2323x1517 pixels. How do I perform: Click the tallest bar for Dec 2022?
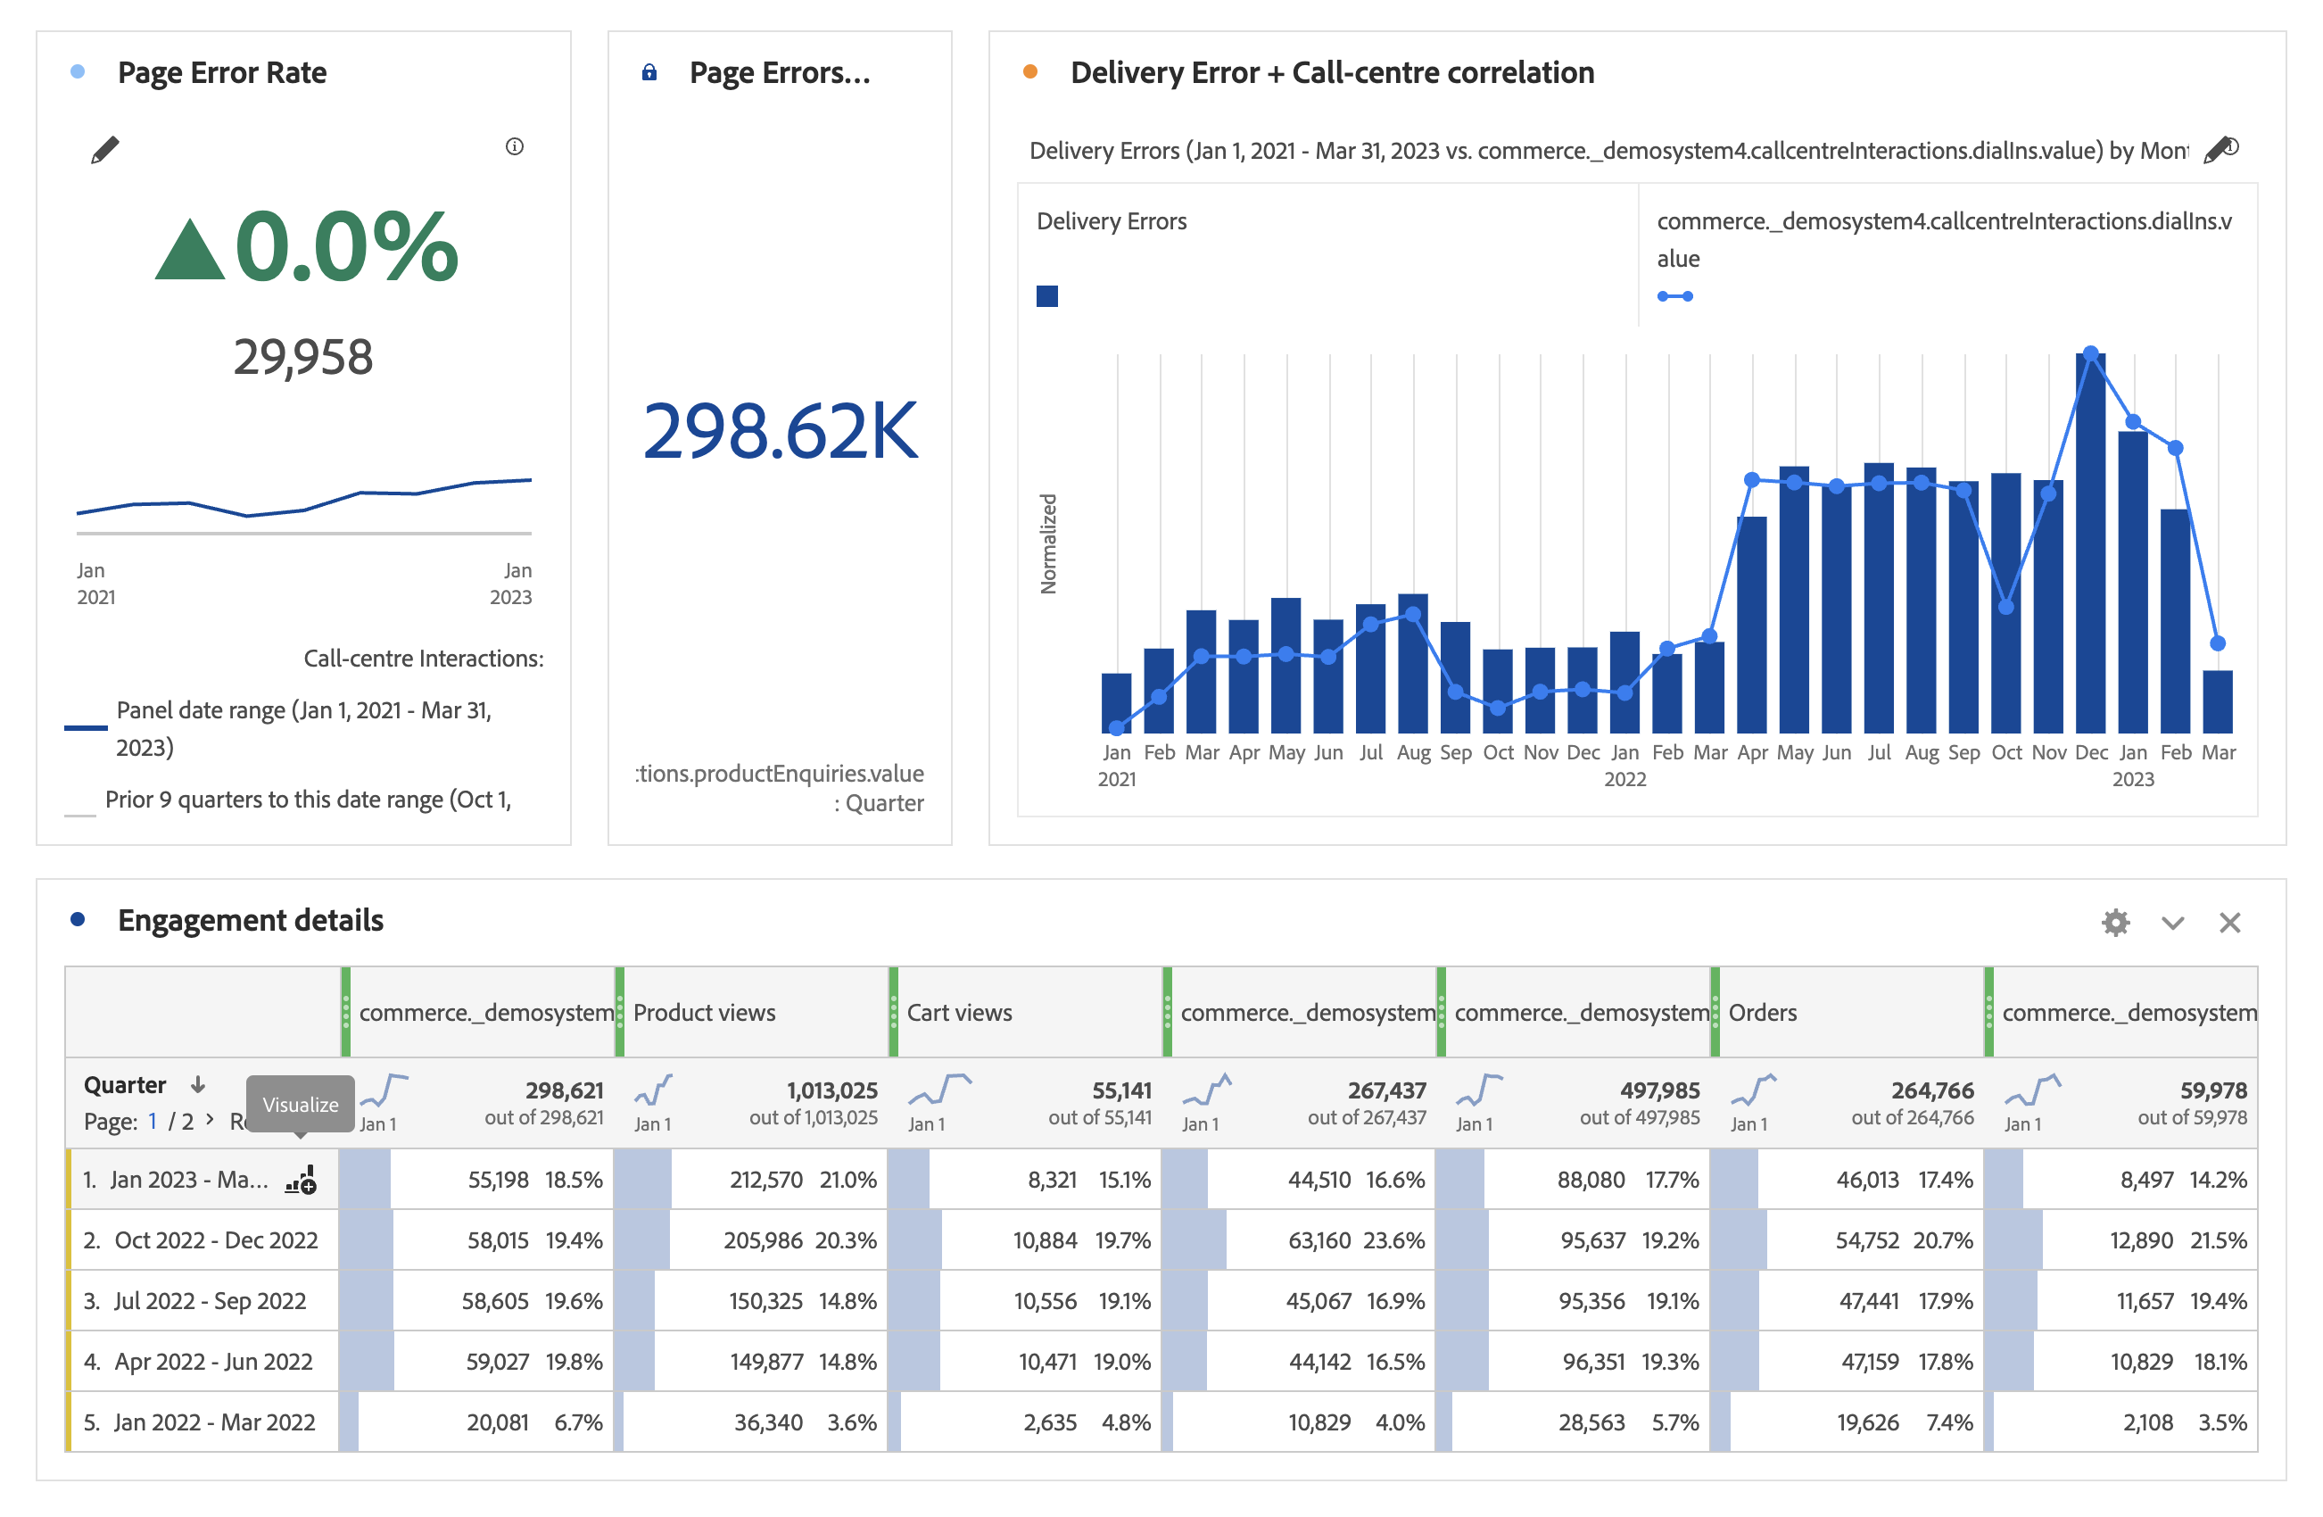pyautogui.click(x=2090, y=547)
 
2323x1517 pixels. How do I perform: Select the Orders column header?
pyautogui.click(x=1762, y=1012)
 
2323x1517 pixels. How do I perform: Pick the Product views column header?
pyautogui.click(x=704, y=1012)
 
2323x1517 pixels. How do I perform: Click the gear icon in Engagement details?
pyautogui.click(x=2115, y=923)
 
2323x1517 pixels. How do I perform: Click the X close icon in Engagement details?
pyautogui.click(x=2229, y=923)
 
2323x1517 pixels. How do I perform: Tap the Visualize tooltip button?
pyautogui.click(x=300, y=1104)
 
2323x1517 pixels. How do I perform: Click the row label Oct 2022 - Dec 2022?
pyautogui.click(x=216, y=1239)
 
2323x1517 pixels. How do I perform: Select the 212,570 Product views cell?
pyautogui.click(x=765, y=1179)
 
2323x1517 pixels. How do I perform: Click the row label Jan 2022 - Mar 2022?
pyautogui.click(x=214, y=1422)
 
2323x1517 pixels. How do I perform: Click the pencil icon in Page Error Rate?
pyautogui.click(x=105, y=149)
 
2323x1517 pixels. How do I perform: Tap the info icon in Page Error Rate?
pyautogui.click(x=515, y=146)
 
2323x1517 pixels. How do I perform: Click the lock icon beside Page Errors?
pyautogui.click(x=649, y=72)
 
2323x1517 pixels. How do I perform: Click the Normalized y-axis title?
pyautogui.click(x=1048, y=543)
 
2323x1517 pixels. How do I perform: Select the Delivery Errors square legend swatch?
pyautogui.click(x=1046, y=295)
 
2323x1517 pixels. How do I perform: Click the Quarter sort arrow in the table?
pyautogui.click(x=198, y=1084)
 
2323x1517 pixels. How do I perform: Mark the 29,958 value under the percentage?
pyautogui.click(x=302, y=356)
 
